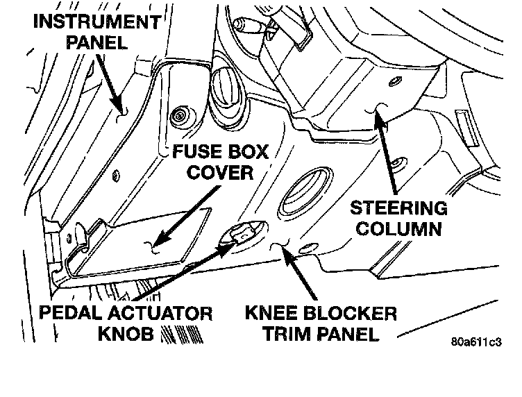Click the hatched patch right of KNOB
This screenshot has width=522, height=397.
pos(171,335)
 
